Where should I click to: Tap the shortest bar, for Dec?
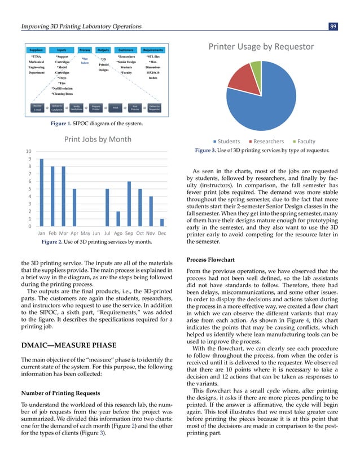(162, 222)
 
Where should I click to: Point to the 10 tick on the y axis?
(27, 152)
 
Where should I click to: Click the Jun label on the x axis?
(96, 233)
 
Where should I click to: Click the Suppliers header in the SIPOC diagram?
(38, 50)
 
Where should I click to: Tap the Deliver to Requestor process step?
(154, 108)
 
